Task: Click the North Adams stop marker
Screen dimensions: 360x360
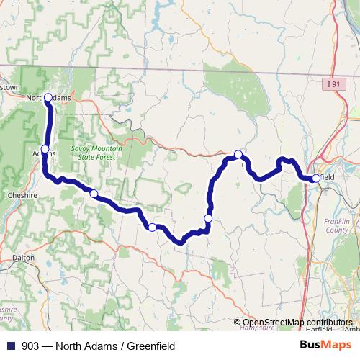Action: coord(48,97)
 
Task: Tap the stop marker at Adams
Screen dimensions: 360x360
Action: coord(45,150)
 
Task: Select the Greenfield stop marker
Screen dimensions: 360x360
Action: coord(316,178)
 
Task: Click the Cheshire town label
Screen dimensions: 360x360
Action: coord(18,194)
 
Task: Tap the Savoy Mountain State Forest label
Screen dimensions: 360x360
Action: coord(91,153)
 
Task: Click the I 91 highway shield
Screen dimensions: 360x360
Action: coord(332,84)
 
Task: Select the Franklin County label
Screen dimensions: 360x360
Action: coord(336,225)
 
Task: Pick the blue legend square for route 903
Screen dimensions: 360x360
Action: coord(10,346)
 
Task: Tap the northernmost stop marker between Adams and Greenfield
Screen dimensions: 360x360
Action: coord(238,154)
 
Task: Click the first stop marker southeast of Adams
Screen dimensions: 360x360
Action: coord(94,193)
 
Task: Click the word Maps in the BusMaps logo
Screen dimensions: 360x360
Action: coord(334,345)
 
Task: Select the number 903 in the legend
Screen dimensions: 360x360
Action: coord(30,346)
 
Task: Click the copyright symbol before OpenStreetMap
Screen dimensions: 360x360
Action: coord(238,323)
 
